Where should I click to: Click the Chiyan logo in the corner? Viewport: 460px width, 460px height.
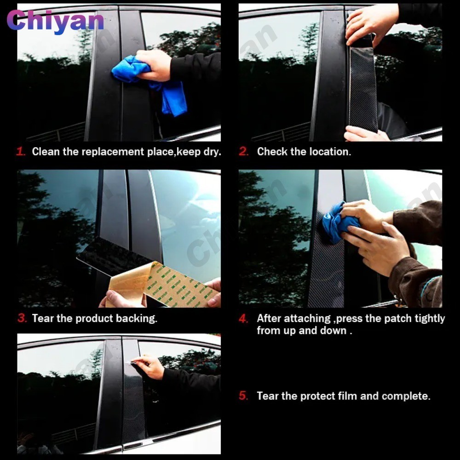pos(55,21)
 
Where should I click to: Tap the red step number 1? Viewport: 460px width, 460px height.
pos(21,152)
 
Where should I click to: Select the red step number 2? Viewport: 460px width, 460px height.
pos(243,152)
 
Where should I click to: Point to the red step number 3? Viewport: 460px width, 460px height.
pos(22,318)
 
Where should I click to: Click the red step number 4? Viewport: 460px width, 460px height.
pos(243,319)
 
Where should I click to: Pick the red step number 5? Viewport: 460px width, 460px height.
pos(243,396)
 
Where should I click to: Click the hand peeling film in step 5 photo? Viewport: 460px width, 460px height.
pos(149,366)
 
